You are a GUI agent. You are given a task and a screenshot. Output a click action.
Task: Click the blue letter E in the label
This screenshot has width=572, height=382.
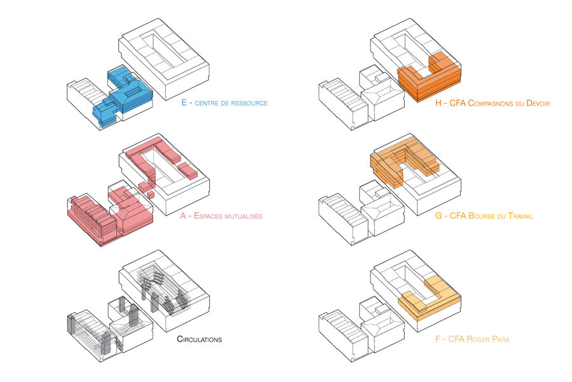184,103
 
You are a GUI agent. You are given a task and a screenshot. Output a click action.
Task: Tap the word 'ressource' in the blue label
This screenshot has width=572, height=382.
248,103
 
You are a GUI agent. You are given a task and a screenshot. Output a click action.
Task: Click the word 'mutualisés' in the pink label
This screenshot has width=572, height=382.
243,216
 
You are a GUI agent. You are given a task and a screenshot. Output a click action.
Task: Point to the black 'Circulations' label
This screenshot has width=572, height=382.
199,339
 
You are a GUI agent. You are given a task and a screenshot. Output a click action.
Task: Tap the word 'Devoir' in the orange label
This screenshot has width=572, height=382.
538,103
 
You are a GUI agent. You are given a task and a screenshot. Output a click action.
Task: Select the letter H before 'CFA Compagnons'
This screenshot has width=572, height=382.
439,103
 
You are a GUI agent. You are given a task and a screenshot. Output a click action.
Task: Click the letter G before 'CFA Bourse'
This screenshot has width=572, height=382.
439,216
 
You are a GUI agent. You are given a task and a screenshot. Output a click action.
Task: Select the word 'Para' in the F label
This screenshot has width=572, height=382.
501,339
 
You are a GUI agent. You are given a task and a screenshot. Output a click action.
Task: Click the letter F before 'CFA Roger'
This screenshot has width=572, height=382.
438,339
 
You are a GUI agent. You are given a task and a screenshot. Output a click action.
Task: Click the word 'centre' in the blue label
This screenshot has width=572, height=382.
207,103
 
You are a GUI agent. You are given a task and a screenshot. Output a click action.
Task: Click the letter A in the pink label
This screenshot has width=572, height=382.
183,216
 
